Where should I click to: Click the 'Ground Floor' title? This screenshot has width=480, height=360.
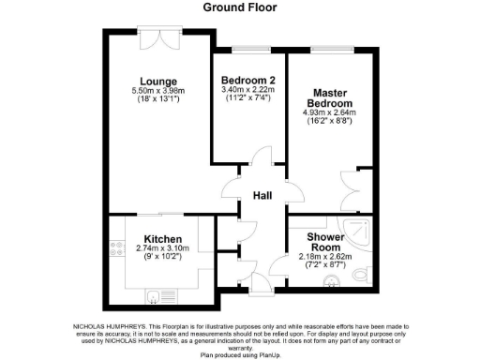240,7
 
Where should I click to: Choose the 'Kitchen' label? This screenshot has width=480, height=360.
162,239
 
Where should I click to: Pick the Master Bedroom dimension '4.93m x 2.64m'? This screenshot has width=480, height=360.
330,113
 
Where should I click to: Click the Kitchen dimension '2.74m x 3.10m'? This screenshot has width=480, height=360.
162,248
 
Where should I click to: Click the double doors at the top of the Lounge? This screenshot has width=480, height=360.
157,39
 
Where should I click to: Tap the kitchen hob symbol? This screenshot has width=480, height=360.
117,248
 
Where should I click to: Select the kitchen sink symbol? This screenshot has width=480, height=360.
154,295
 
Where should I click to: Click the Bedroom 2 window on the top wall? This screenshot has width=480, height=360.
247,48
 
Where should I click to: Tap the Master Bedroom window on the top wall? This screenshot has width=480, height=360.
329,48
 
